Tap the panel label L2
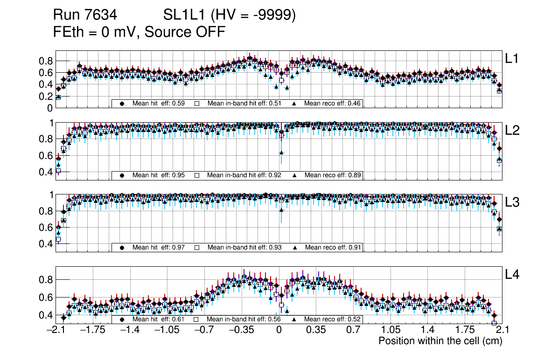(x=513, y=131)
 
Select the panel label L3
(x=513, y=203)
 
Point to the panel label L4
(x=513, y=275)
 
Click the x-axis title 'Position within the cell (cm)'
(x=440, y=341)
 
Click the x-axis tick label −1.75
(x=91, y=330)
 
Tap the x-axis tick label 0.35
(x=316, y=330)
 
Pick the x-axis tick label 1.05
(x=391, y=330)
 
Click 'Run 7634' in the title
(x=84, y=15)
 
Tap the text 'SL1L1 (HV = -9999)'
(x=230, y=15)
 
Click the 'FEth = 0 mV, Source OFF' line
(x=139, y=32)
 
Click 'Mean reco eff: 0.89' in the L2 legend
(x=332, y=175)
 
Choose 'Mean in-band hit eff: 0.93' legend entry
(x=244, y=247)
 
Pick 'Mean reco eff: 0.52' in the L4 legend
(x=332, y=319)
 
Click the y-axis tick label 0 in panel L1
(x=50, y=108)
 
